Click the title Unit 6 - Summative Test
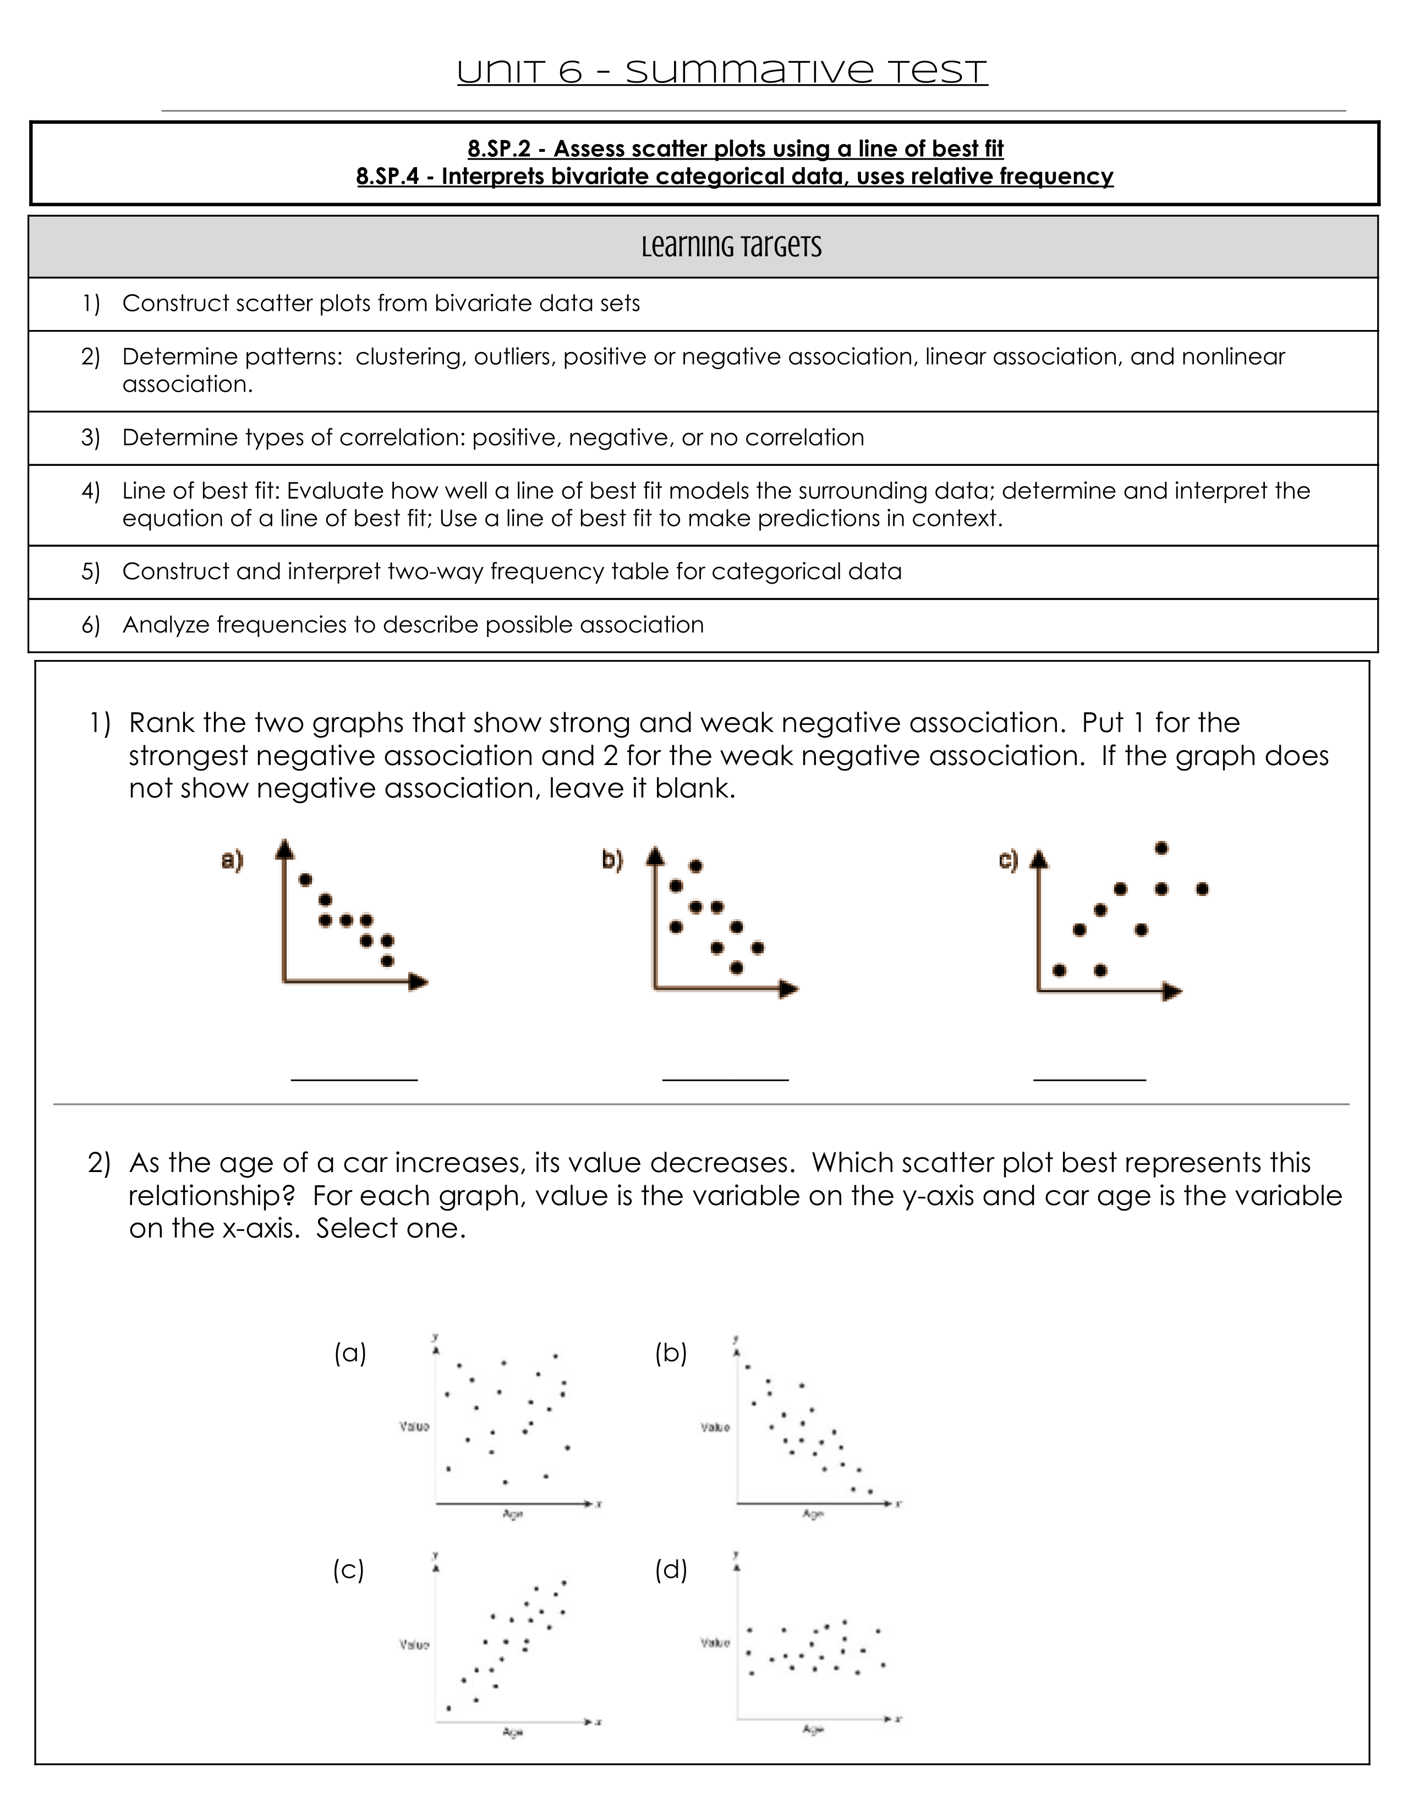[x=721, y=72]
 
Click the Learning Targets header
[x=731, y=247]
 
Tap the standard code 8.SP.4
[x=387, y=176]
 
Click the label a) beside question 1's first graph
[x=232, y=860]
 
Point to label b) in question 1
[x=612, y=860]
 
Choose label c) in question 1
[x=1008, y=860]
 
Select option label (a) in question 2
[x=350, y=1353]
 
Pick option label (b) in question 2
[x=671, y=1353]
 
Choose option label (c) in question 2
[x=349, y=1569]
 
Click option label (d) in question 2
[x=671, y=1569]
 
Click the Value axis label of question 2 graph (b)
[x=715, y=1428]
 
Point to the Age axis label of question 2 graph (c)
[x=513, y=1733]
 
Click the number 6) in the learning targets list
[x=91, y=625]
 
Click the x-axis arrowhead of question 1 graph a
[x=420, y=982]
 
